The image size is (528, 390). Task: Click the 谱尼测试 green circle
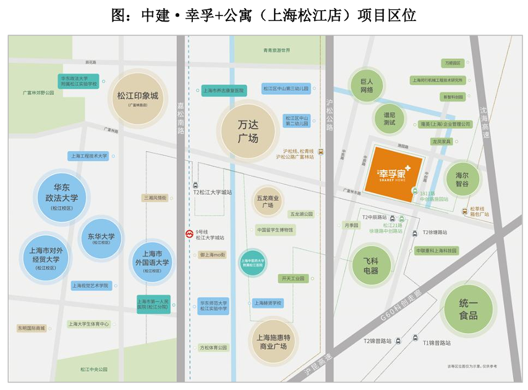(390, 118)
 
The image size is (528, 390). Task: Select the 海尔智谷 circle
(471, 179)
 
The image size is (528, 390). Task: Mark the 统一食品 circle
(468, 309)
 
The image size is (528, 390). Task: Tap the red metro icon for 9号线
(189, 233)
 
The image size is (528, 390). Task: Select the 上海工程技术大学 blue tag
(88, 156)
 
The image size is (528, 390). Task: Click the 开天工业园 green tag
(292, 279)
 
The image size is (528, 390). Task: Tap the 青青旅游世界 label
(276, 50)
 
